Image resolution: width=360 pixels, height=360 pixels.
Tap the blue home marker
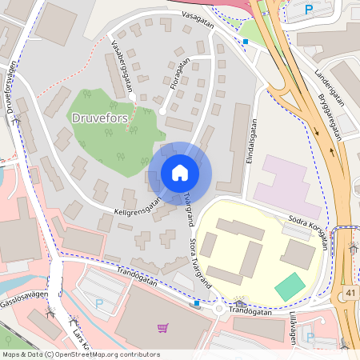coord(179,173)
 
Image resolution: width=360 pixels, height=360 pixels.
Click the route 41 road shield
coord(350,294)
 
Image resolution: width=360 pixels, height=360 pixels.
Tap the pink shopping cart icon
coord(162,327)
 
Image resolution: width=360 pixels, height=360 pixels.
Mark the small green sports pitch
coord(290,286)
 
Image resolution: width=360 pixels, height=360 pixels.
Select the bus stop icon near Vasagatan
coord(246,41)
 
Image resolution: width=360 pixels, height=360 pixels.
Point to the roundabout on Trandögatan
coord(218,308)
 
